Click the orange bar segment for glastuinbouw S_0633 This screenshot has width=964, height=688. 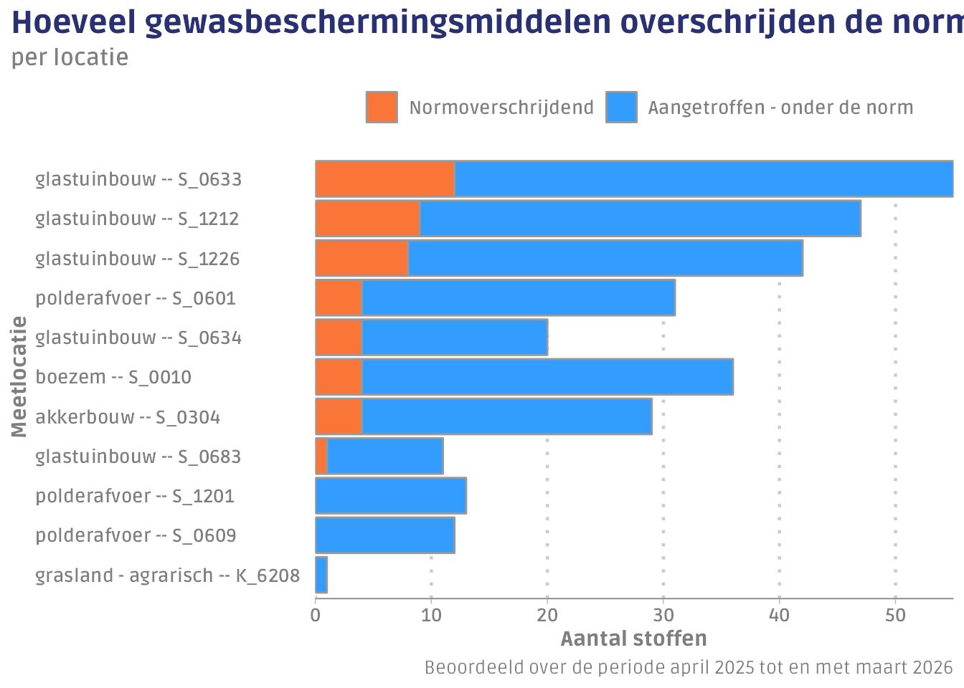pos(385,179)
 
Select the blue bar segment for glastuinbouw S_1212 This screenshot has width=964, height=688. pos(640,219)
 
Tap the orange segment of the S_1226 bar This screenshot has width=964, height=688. pos(362,258)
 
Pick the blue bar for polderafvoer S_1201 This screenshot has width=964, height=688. pos(391,496)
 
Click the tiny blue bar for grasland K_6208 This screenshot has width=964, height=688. pos(321,575)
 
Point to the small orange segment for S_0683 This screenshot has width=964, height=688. pos(321,457)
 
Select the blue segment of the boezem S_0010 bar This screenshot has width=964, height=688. pos(547,377)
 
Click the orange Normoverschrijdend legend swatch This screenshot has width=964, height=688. pos(382,107)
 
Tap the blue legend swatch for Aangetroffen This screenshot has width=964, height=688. pos(621,107)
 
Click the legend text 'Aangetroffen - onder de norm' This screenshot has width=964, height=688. pos(780,107)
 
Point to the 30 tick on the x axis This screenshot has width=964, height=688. pos(663,615)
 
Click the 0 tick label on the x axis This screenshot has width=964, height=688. pos(316,615)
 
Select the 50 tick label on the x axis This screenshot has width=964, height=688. pos(895,615)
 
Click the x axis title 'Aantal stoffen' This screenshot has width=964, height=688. pos(633,639)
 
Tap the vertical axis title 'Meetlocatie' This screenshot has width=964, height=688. pos(19,377)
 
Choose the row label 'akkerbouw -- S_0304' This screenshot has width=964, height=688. pos(128,417)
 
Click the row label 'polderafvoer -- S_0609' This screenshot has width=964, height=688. pos(136,535)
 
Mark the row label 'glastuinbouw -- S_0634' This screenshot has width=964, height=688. pos(138,338)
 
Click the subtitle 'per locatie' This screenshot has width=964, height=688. pos(70,57)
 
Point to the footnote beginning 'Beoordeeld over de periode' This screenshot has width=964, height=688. pos(689,668)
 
